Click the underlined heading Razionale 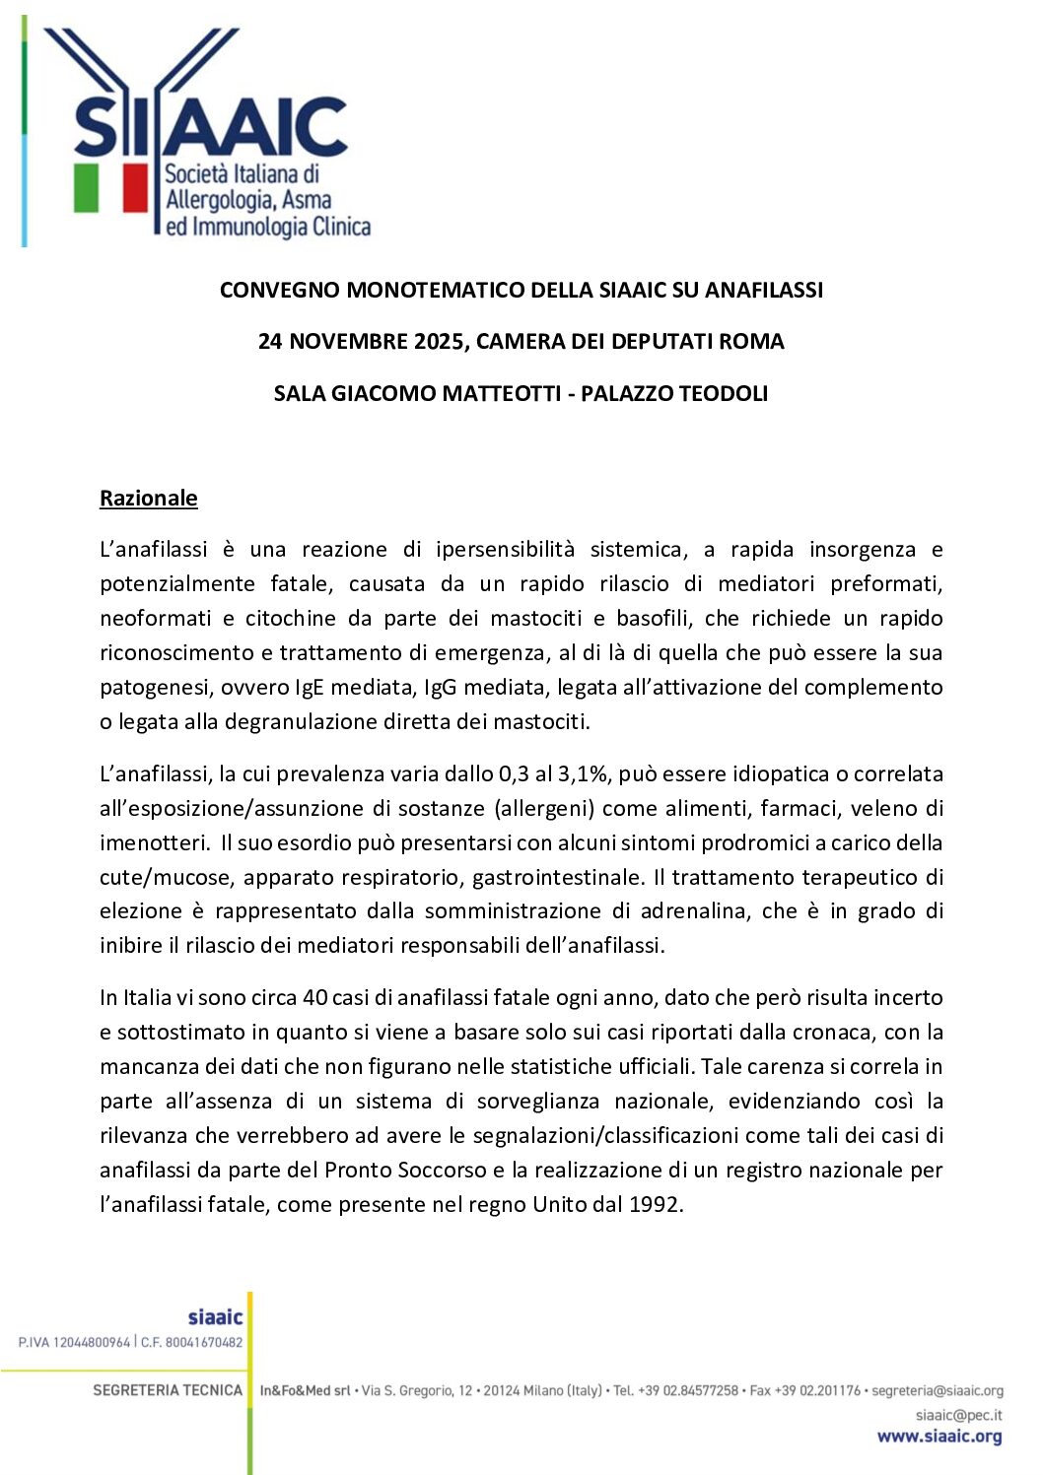(x=148, y=498)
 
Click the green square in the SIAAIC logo (x=87, y=187)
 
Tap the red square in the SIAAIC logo (x=135, y=187)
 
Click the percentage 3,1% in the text (x=585, y=773)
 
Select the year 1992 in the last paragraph (x=655, y=1204)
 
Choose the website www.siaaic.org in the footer (x=939, y=1437)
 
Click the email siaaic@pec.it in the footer (x=958, y=1415)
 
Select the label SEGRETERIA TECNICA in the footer (x=168, y=1390)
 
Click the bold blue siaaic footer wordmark (x=215, y=1317)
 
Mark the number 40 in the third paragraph (x=315, y=997)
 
